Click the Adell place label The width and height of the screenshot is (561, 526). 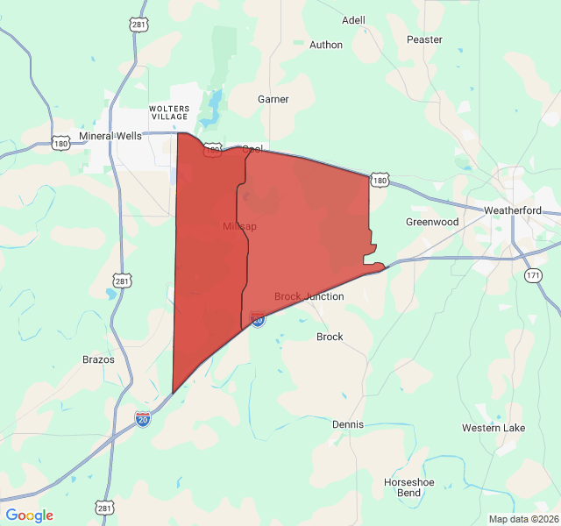pos(353,20)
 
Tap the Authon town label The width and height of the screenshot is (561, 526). pos(326,45)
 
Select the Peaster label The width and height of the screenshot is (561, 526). pos(425,39)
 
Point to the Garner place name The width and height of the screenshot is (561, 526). pos(273,99)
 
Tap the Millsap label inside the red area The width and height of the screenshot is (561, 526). pos(239,226)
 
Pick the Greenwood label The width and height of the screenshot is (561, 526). pos(432,222)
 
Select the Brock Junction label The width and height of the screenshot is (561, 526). pos(309,296)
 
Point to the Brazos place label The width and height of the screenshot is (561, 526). pos(98,359)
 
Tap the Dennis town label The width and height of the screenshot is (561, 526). pos(347,424)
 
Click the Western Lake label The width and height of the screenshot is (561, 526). pos(494,428)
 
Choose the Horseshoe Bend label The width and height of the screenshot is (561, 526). pos(408,487)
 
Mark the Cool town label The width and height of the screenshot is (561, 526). pos(252,149)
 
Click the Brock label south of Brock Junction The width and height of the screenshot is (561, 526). pos(330,337)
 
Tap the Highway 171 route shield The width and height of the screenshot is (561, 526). pos(533,275)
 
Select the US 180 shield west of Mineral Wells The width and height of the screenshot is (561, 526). pos(60,143)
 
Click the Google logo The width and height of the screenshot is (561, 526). pos(29,515)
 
